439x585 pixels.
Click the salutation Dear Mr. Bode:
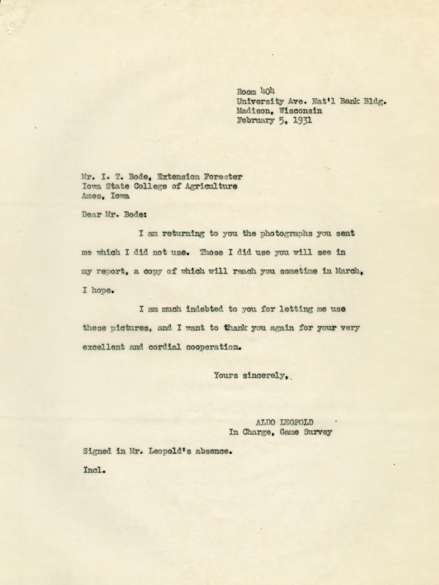[x=114, y=215]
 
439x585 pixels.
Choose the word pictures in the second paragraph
[x=130, y=328]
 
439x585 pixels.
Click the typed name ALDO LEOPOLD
[x=283, y=422]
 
